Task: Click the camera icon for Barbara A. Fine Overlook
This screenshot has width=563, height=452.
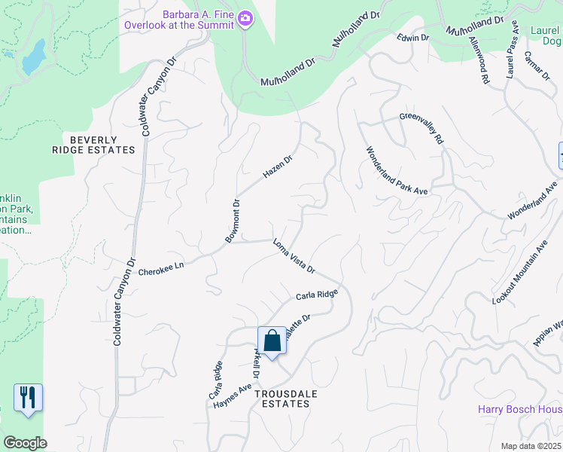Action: (245, 18)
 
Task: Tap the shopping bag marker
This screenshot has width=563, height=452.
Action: (272, 341)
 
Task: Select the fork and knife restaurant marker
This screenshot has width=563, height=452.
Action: (28, 397)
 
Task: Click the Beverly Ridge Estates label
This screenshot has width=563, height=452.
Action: (102, 145)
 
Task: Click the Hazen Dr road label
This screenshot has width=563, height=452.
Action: (277, 166)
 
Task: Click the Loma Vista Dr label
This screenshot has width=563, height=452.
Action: (293, 256)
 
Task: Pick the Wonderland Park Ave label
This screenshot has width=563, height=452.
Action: (397, 170)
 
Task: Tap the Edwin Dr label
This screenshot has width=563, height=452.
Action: (413, 37)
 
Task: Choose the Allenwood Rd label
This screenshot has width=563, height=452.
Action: (479, 59)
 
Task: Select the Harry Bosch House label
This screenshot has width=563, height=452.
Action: (520, 409)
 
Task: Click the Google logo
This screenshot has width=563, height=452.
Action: (25, 443)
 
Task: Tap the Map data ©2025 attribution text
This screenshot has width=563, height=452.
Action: (531, 446)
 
